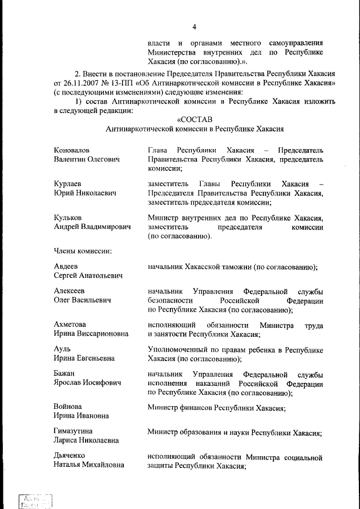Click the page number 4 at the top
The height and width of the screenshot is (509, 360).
coord(194,26)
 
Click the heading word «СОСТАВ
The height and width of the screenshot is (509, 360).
coord(194,119)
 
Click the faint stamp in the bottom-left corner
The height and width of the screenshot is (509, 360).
coord(35,501)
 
